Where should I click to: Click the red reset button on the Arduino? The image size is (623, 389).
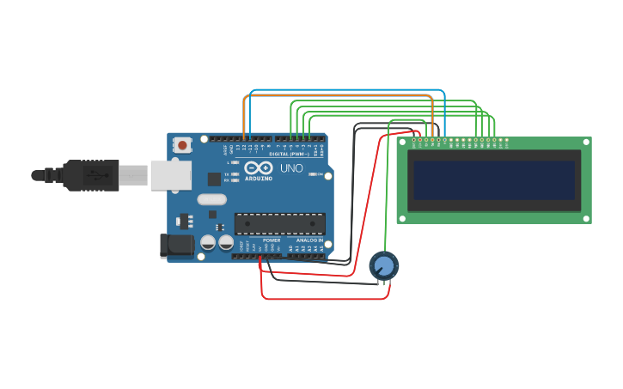pyautogui.click(x=183, y=146)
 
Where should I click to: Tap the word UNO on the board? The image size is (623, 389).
pyautogui.click(x=291, y=168)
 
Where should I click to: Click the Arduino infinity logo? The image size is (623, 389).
pyautogui.click(x=258, y=167)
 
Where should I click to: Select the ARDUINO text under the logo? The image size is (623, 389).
pyautogui.click(x=258, y=179)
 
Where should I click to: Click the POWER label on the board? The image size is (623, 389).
pyautogui.click(x=272, y=240)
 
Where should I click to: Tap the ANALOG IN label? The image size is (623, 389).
pyautogui.click(x=309, y=240)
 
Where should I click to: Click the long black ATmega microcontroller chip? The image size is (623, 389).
pyautogui.click(x=280, y=223)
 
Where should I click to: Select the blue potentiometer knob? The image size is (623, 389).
pyautogui.click(x=384, y=266)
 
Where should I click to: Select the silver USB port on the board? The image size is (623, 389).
pyautogui.click(x=170, y=174)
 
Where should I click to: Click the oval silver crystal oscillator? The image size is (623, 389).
pyautogui.click(x=211, y=199)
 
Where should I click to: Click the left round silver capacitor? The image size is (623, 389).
pyautogui.click(x=208, y=243)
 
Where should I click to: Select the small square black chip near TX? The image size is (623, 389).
pyautogui.click(x=214, y=179)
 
